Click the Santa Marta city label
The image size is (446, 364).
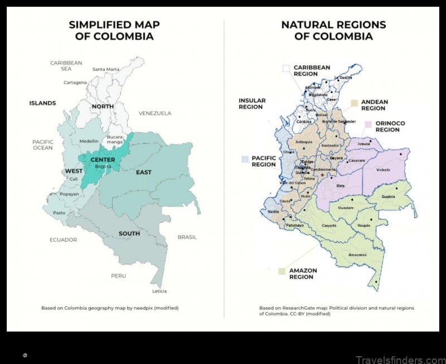106,69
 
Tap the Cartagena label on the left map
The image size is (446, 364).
75,83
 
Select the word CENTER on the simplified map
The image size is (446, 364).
103,160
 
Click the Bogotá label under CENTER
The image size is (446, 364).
103,167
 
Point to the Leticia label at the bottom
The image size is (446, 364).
159,291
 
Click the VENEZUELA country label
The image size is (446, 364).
155,113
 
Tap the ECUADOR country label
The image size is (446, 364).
63,240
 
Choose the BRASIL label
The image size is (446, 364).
187,237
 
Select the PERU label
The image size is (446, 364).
118,276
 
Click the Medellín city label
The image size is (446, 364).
89,141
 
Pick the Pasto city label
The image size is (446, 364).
59,213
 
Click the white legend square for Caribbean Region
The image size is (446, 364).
285,69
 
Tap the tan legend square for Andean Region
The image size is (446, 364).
353,103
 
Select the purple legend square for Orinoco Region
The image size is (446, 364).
368,124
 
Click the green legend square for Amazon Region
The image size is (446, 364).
282,272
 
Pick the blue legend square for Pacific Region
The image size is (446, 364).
244,159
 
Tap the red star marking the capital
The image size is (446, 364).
322,176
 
